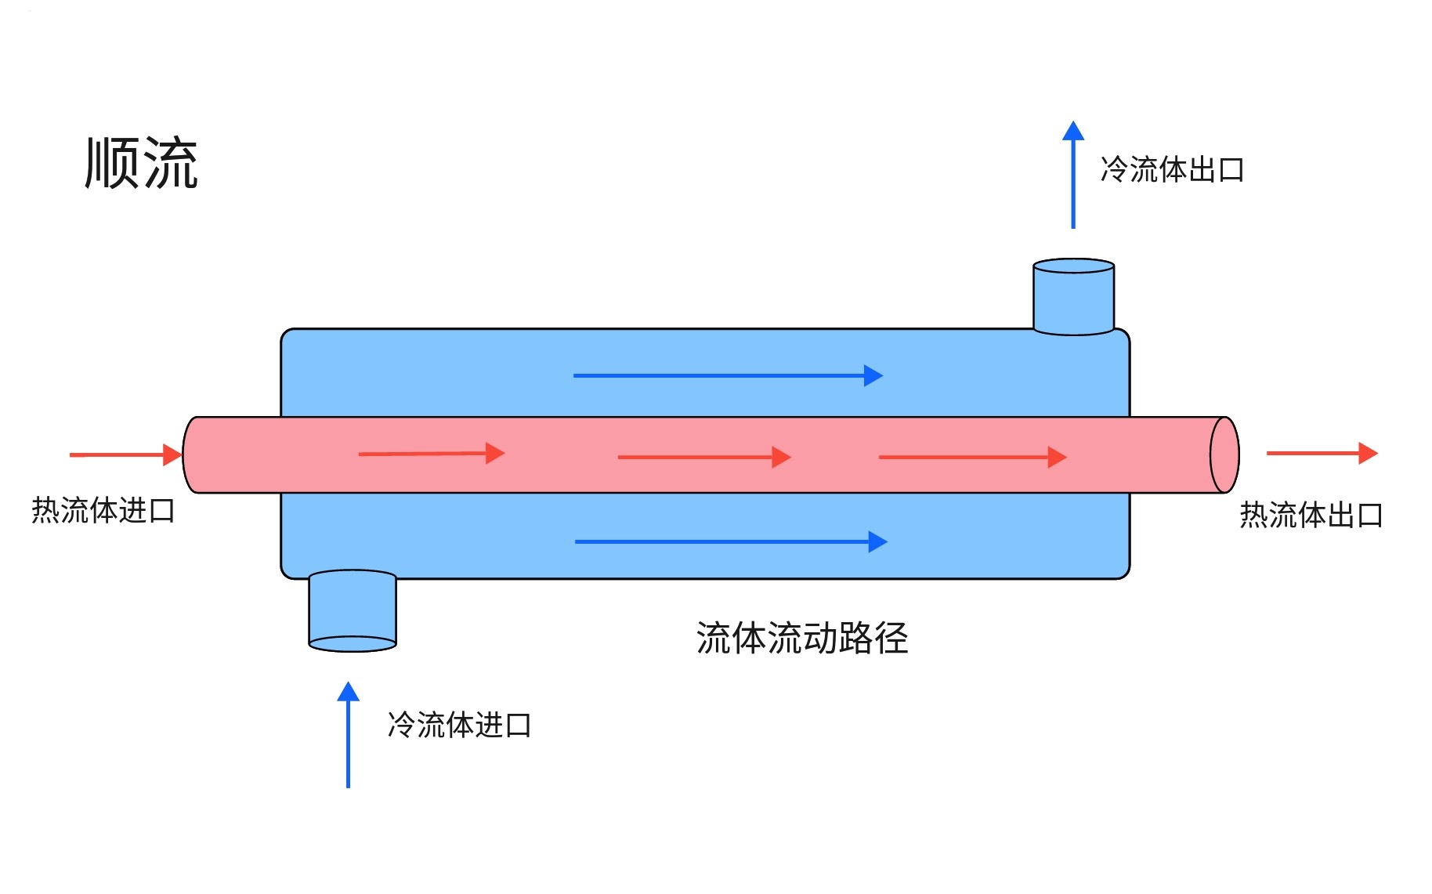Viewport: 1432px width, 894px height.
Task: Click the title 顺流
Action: coord(141,163)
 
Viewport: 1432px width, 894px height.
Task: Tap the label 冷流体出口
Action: coord(1172,169)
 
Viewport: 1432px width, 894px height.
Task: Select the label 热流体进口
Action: coord(103,510)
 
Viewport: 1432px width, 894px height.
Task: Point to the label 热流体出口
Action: coord(1311,515)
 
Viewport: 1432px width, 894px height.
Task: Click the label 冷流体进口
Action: coord(459,725)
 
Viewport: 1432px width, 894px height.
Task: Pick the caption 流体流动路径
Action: coord(801,638)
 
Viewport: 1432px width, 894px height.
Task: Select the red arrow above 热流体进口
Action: coord(125,454)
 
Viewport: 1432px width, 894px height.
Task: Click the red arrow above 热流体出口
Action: coord(1322,453)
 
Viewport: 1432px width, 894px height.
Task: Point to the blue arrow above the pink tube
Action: coord(728,376)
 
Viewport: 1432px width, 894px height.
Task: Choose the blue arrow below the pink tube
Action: coord(730,541)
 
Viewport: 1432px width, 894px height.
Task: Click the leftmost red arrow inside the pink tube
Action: coord(431,453)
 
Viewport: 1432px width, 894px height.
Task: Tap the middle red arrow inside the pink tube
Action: coord(704,457)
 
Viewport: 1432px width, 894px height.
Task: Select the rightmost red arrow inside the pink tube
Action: coord(972,457)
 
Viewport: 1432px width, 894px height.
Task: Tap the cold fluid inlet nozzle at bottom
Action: coord(353,611)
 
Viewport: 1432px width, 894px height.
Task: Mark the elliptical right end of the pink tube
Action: coord(1224,455)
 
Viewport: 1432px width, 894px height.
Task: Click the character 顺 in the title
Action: coord(112,163)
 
